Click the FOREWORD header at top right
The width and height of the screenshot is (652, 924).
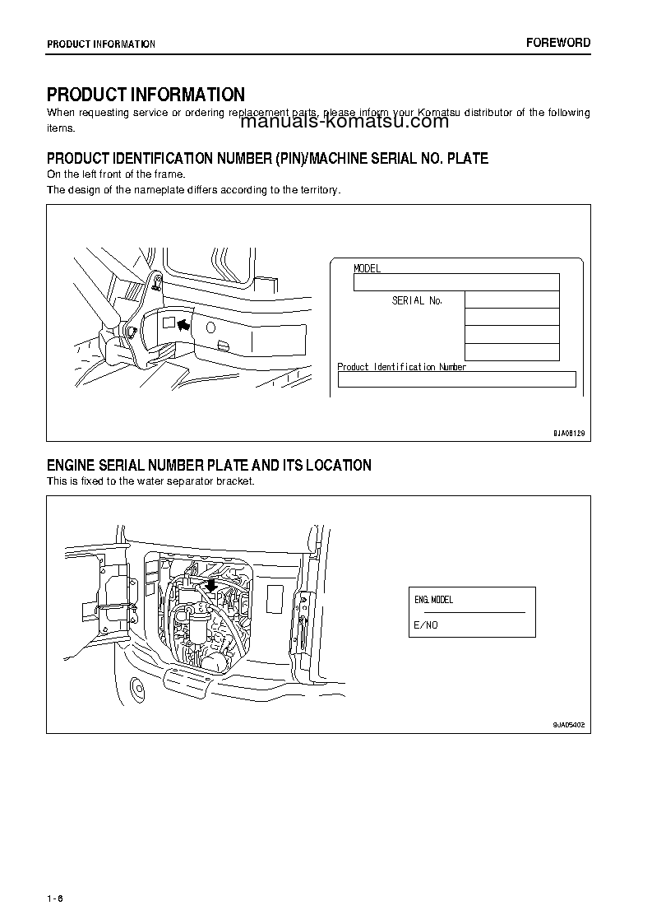click(558, 43)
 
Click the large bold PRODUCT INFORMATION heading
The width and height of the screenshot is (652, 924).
click(146, 95)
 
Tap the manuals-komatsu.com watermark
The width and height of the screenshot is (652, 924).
click(345, 122)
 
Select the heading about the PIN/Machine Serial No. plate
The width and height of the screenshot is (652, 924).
click(267, 158)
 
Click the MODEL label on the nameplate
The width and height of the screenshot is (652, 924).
click(367, 268)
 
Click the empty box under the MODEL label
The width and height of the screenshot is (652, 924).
click(455, 282)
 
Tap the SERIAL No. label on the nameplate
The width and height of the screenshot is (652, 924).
click(417, 300)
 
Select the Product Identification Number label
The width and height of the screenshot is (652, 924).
click(402, 367)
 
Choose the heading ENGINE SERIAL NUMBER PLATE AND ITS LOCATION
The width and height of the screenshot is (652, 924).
click(209, 466)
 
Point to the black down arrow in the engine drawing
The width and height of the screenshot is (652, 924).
click(211, 584)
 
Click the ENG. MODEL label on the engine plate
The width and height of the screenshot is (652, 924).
click(433, 600)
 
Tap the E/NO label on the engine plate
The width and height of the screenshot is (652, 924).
click(425, 625)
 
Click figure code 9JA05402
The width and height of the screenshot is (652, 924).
click(568, 724)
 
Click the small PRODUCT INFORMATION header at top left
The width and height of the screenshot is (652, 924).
click(100, 44)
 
